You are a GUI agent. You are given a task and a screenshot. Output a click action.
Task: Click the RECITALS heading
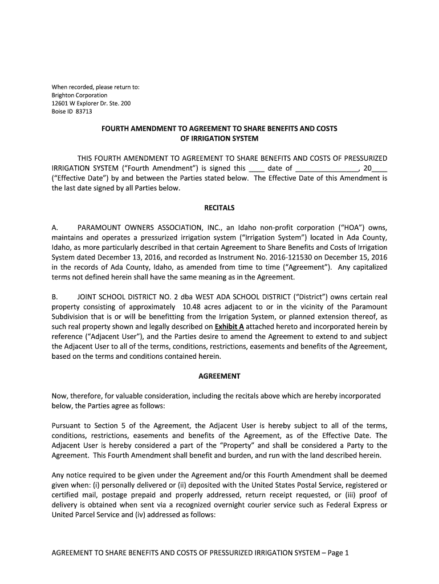coord(219,208)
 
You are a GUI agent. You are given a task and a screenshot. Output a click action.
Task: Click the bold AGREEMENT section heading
coord(219,376)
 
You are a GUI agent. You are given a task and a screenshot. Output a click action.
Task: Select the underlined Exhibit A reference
coord(229,327)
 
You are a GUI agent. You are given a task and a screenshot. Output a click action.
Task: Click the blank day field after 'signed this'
coord(257,168)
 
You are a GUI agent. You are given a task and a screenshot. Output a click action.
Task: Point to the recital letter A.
coord(54,228)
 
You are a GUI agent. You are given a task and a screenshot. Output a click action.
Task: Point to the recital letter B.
coord(54,297)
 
